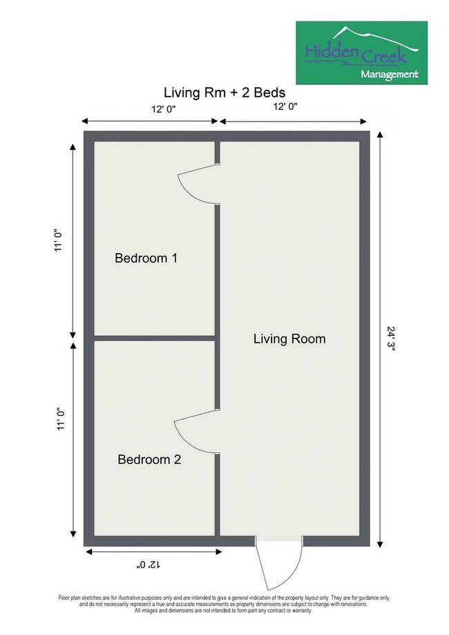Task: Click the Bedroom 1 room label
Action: click(146, 258)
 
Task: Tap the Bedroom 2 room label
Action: click(149, 459)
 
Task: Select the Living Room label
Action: click(289, 339)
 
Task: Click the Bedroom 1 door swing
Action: click(195, 184)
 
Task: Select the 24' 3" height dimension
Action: click(392, 339)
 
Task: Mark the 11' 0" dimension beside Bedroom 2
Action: click(59, 419)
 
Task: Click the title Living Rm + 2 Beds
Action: click(225, 92)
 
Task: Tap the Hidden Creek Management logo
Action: click(361, 52)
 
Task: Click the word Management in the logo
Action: click(388, 73)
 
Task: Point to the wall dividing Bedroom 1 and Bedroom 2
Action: click(155, 338)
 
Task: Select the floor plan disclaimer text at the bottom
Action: click(224, 603)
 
